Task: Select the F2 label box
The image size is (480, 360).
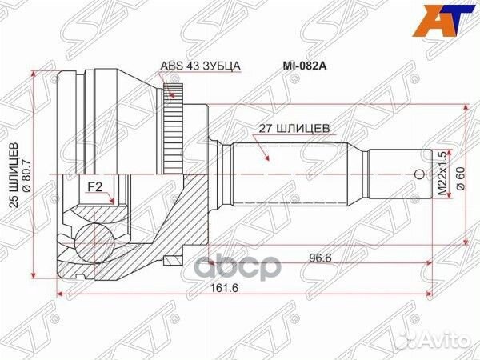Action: (x=95, y=187)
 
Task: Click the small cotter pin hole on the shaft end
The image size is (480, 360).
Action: (x=418, y=173)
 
